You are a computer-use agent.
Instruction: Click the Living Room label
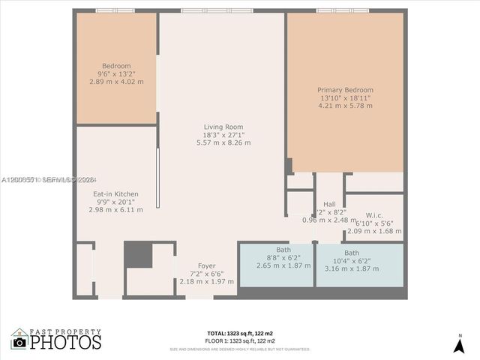click(x=223, y=127)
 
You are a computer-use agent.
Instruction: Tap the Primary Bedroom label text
click(x=345, y=90)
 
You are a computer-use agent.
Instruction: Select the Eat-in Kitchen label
click(x=115, y=194)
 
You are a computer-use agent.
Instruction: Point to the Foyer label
click(x=206, y=265)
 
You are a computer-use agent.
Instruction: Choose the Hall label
click(x=329, y=204)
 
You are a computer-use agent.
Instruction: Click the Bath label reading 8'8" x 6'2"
click(x=283, y=249)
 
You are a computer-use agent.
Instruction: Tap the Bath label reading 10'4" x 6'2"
click(x=351, y=253)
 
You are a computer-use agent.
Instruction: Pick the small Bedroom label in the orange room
click(x=116, y=66)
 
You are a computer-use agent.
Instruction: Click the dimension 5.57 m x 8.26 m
click(x=223, y=142)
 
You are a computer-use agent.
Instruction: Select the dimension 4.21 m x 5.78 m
click(x=345, y=106)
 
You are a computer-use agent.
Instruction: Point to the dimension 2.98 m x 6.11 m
click(x=115, y=210)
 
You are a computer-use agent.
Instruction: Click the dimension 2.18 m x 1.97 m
click(x=206, y=281)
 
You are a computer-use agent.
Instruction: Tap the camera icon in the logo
click(x=19, y=342)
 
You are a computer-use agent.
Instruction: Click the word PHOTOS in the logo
click(x=66, y=343)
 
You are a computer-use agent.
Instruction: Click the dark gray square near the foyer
click(x=138, y=254)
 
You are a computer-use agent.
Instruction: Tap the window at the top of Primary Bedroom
click(x=342, y=10)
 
